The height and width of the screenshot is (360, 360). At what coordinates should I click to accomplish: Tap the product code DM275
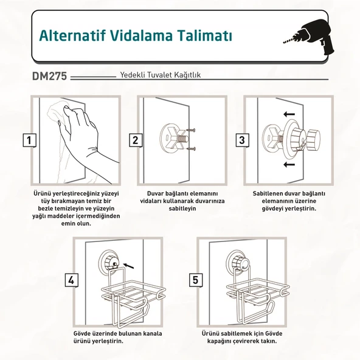click(49, 76)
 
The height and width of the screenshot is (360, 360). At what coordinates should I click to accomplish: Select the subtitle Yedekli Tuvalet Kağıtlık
click(161, 75)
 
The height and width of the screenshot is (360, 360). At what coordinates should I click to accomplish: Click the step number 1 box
click(29, 140)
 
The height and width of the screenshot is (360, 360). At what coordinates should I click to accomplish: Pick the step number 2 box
click(136, 140)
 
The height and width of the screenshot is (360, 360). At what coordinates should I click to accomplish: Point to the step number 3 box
click(242, 140)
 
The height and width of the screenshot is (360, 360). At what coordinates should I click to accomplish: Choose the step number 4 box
click(71, 280)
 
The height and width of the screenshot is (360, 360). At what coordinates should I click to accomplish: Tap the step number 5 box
click(195, 280)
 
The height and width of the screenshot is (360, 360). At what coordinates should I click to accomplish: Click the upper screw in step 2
click(191, 130)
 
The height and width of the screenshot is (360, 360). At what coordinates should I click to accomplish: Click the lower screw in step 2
click(191, 149)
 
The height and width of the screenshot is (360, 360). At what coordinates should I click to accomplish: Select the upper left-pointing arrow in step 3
click(289, 114)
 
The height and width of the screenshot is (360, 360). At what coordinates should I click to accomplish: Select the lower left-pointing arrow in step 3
click(289, 164)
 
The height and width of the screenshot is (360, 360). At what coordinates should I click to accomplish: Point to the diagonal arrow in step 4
click(128, 266)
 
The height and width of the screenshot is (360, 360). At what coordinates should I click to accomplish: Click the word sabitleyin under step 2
click(182, 209)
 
